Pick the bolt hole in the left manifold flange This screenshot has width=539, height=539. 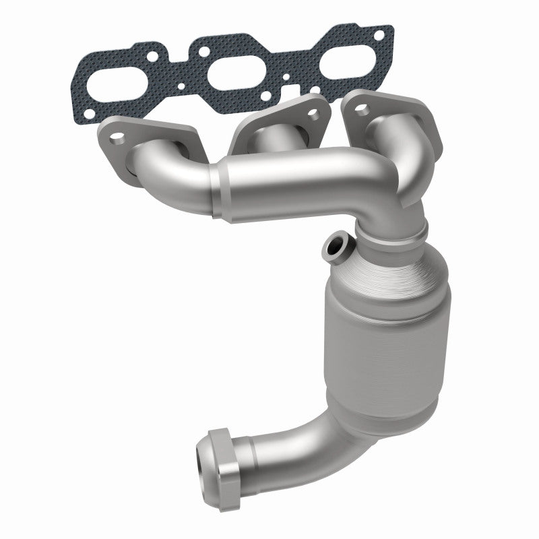119,140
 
